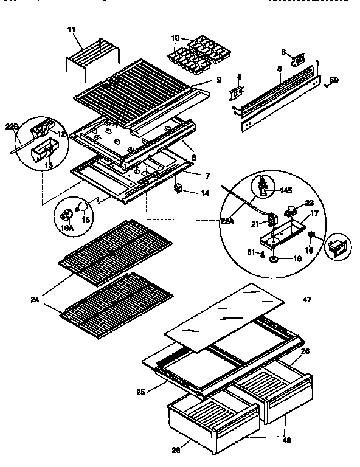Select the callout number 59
click(334, 80)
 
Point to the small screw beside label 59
click(327, 85)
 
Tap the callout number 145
click(285, 190)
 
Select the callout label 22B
click(12, 126)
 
